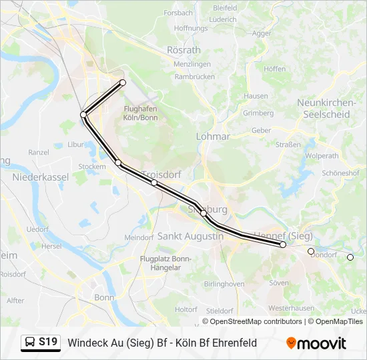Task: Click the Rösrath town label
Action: (x=183, y=50)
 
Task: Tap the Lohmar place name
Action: (x=213, y=136)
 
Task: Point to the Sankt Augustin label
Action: (x=190, y=236)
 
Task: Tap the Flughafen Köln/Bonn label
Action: (x=140, y=113)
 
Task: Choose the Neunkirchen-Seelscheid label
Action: (x=324, y=109)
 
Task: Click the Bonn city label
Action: (x=104, y=297)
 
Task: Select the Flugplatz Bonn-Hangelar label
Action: (x=165, y=263)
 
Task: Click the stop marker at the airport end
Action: (x=123, y=83)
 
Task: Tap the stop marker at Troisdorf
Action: (x=154, y=183)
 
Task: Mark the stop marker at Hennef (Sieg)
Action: (x=283, y=245)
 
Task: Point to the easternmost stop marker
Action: (x=350, y=257)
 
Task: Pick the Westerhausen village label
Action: (x=291, y=308)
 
